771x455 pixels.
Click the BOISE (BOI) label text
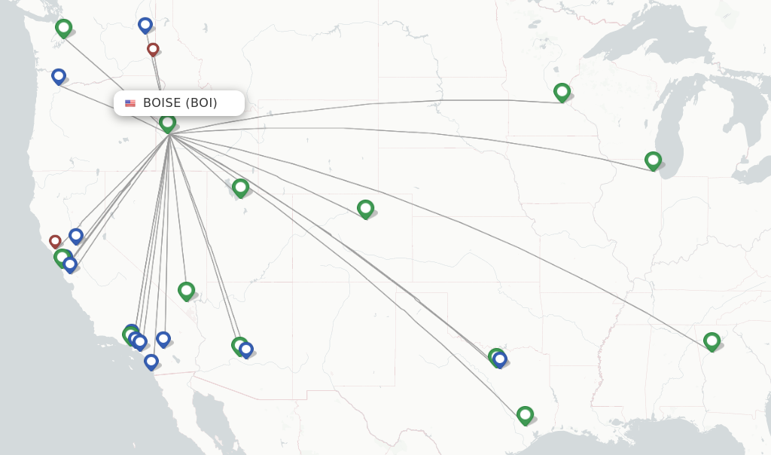pyautogui.click(x=180, y=103)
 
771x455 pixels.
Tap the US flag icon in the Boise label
pyautogui.click(x=130, y=103)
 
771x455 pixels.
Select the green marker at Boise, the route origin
pyautogui.click(x=168, y=122)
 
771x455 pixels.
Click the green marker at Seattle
pyautogui.click(x=64, y=28)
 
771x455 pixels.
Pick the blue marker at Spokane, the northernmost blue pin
pyautogui.click(x=145, y=25)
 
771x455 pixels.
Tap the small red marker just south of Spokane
pyautogui.click(x=153, y=49)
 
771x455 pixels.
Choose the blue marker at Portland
pyautogui.click(x=59, y=75)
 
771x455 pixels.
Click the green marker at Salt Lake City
pyautogui.click(x=240, y=187)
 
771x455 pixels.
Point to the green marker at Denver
pyautogui.click(x=365, y=208)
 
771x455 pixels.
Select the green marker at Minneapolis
pyautogui.click(x=562, y=92)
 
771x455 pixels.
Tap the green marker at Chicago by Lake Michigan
pyautogui.click(x=653, y=160)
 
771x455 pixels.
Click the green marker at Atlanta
pyautogui.click(x=712, y=340)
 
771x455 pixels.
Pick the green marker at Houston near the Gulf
pyautogui.click(x=525, y=414)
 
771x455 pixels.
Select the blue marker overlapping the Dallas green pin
pyautogui.click(x=500, y=359)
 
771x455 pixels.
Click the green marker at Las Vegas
pyautogui.click(x=186, y=290)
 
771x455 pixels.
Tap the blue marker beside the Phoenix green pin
pyautogui.click(x=246, y=350)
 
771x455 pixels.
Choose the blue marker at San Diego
pyautogui.click(x=151, y=361)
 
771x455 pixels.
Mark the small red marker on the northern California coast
pyautogui.click(x=55, y=241)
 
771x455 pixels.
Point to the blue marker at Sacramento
pyautogui.click(x=76, y=236)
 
